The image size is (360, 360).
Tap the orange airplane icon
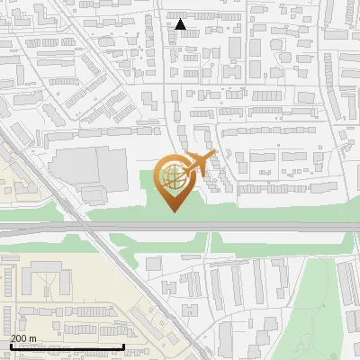pyautogui.click(x=198, y=165)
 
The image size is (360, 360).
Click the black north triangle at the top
pyautogui.click(x=181, y=24)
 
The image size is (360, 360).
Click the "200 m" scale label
pyautogui.click(x=23, y=338)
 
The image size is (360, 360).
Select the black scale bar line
pyautogui.click(x=67, y=346)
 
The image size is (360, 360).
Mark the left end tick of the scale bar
pyautogui.click(x=11, y=346)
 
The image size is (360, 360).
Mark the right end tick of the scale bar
pyautogui.click(x=123, y=346)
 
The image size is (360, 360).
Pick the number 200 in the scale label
pyautogui.click(x=19, y=338)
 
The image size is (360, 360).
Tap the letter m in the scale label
pyautogui.click(x=32, y=338)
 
